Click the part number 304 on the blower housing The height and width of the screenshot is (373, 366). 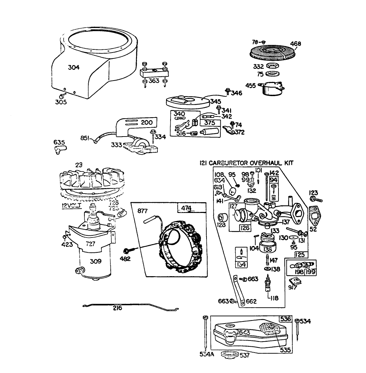(x=73, y=67)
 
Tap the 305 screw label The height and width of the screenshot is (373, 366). (x=61, y=102)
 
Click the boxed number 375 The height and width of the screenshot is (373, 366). (x=210, y=123)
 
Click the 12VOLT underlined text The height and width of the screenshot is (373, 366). (x=71, y=206)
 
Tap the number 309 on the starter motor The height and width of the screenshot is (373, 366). (x=95, y=262)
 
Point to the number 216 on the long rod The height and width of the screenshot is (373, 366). (x=117, y=308)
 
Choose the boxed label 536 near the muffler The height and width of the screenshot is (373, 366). (x=285, y=319)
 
